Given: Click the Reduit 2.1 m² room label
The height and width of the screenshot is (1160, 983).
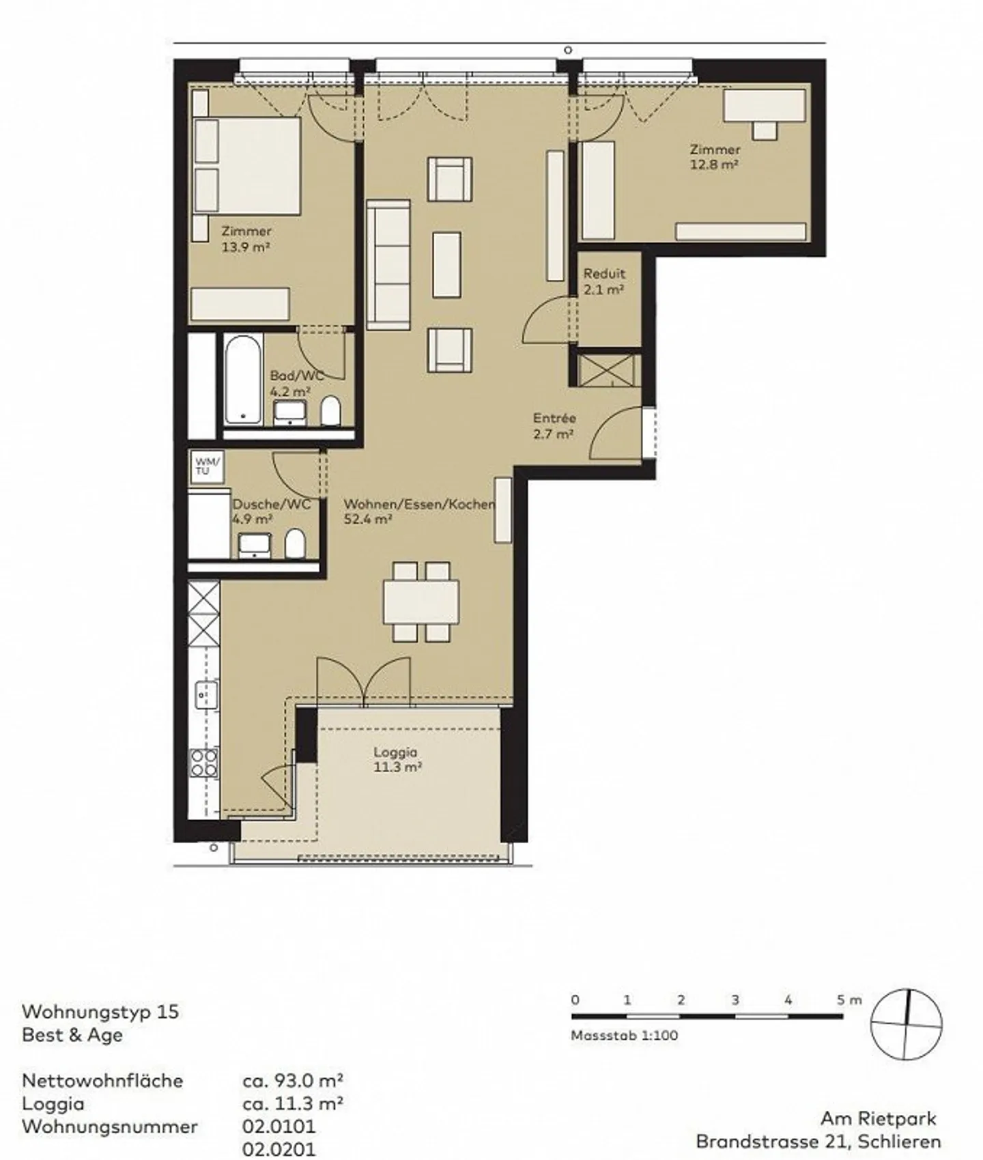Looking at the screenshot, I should coord(603,281).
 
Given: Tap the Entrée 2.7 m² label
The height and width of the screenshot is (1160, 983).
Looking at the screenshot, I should coord(554,425).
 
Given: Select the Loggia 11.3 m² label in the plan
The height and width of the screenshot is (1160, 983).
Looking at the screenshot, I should coord(397,759).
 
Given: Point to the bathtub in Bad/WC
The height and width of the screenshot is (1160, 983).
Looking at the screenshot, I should coord(243,379).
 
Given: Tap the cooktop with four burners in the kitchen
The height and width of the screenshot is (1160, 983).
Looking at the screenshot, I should coord(204,763).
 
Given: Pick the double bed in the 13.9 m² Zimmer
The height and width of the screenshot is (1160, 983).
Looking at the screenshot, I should coord(247,165).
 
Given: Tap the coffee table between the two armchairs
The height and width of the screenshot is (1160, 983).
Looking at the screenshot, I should coord(446,265).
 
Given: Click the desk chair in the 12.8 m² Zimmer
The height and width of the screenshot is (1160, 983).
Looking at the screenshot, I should coord(765,129).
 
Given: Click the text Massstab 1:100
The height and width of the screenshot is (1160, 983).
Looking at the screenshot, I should coord(625,1035).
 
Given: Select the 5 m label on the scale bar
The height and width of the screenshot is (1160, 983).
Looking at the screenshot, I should coord(849,1000).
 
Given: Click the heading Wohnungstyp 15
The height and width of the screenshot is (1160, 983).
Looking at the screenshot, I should coord(100,1011).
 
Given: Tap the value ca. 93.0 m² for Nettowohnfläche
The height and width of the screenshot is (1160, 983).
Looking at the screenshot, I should coord(292,1081).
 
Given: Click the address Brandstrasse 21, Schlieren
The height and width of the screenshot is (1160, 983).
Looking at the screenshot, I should coord(818,1141).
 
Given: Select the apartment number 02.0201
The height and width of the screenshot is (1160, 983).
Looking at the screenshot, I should coord(279,1150).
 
